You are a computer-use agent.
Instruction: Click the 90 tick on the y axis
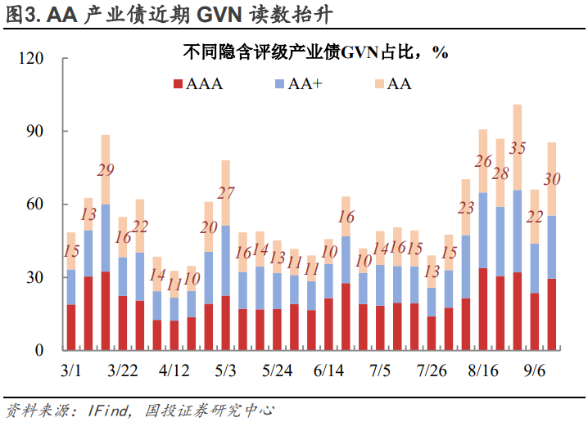[34, 132]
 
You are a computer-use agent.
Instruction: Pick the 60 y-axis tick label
[34, 204]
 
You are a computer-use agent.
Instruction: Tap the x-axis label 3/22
[122, 370]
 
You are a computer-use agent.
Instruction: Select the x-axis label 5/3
[225, 370]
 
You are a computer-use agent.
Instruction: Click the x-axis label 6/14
[328, 370]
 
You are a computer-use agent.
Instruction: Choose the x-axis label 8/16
[483, 370]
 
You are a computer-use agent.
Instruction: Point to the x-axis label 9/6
[535, 370]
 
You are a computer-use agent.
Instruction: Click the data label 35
[517, 148]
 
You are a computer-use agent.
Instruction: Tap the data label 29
[105, 170]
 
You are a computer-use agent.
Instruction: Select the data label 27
[225, 194]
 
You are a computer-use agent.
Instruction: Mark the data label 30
[552, 179]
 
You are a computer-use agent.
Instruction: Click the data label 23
[466, 208]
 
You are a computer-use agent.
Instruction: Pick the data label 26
[483, 161]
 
